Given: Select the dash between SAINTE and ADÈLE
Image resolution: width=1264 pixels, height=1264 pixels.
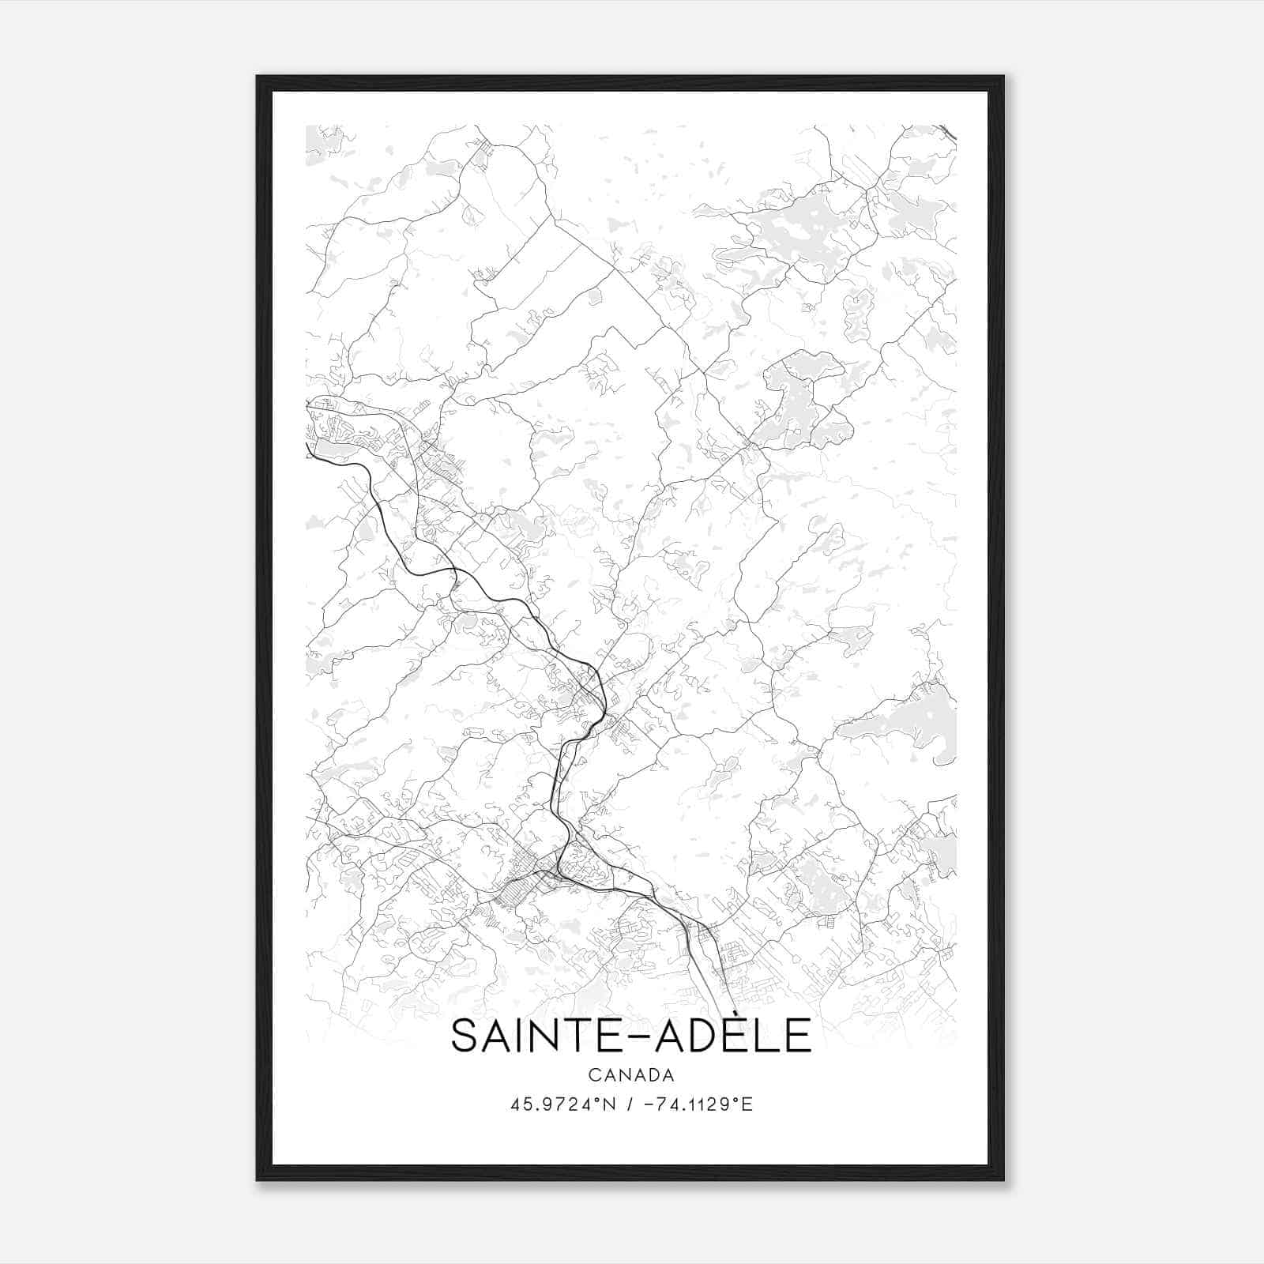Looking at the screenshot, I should pos(631,1038).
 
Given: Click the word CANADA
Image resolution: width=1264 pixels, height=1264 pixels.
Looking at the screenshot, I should pos(630,1075).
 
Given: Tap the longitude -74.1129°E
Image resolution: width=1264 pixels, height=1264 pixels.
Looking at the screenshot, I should pos(698,1104).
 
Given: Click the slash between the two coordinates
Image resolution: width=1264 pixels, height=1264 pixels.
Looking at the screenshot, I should pos(628,1104).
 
